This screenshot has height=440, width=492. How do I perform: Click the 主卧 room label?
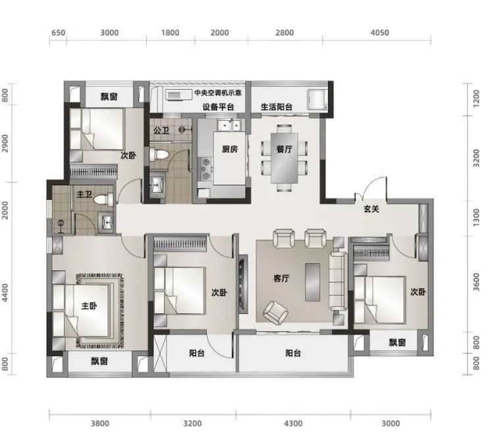pos(90,306)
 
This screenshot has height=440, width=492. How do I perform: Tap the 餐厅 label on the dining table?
pos(285,149)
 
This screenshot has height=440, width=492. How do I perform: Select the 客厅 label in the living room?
pos(281,278)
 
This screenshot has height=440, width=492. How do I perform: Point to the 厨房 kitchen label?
pos(230,149)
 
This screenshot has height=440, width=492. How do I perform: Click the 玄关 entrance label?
pos(371,208)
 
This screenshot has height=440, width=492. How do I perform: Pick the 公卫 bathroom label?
pos(161,130)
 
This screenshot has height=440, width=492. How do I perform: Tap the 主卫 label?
pos(84,195)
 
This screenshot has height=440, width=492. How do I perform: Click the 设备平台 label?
pos(219,107)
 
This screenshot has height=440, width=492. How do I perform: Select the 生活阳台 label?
pos(277,107)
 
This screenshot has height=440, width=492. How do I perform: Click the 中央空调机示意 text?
pos(218,93)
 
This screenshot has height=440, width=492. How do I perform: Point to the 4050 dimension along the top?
pos(379,33)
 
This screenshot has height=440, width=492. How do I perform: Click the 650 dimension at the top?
pos(59,33)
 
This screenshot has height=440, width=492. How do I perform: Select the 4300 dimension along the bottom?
pos(293,424)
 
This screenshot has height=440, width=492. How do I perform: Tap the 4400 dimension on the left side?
pos(5,292)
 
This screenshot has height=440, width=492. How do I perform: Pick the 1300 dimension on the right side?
pos(476,217)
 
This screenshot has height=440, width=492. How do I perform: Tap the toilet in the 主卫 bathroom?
pos(104,200)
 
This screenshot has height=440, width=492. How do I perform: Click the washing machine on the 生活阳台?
pos(317,100)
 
